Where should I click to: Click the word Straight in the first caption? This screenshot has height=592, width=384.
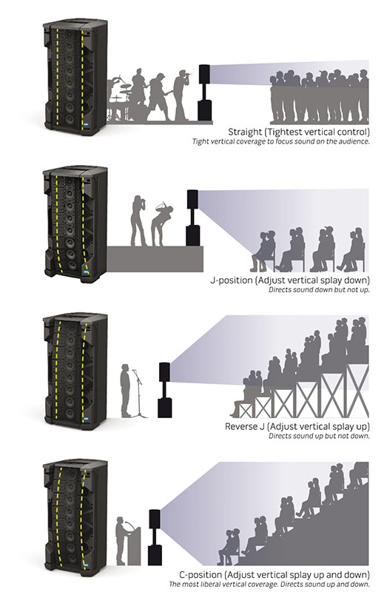click(x=245, y=132)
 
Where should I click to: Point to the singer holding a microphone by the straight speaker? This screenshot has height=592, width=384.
click(x=181, y=95)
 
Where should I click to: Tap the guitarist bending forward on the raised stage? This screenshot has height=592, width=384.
click(x=161, y=225)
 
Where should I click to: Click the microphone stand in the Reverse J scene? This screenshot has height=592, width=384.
click(x=139, y=394)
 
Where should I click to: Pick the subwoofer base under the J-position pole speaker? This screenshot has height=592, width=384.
click(x=193, y=235)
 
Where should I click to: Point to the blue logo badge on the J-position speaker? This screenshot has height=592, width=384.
click(x=86, y=272)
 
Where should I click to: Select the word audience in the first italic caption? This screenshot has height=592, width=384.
click(x=354, y=141)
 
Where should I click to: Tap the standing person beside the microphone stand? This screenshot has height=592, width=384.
click(x=125, y=391)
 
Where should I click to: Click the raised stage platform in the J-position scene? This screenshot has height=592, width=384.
click(x=155, y=259)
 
